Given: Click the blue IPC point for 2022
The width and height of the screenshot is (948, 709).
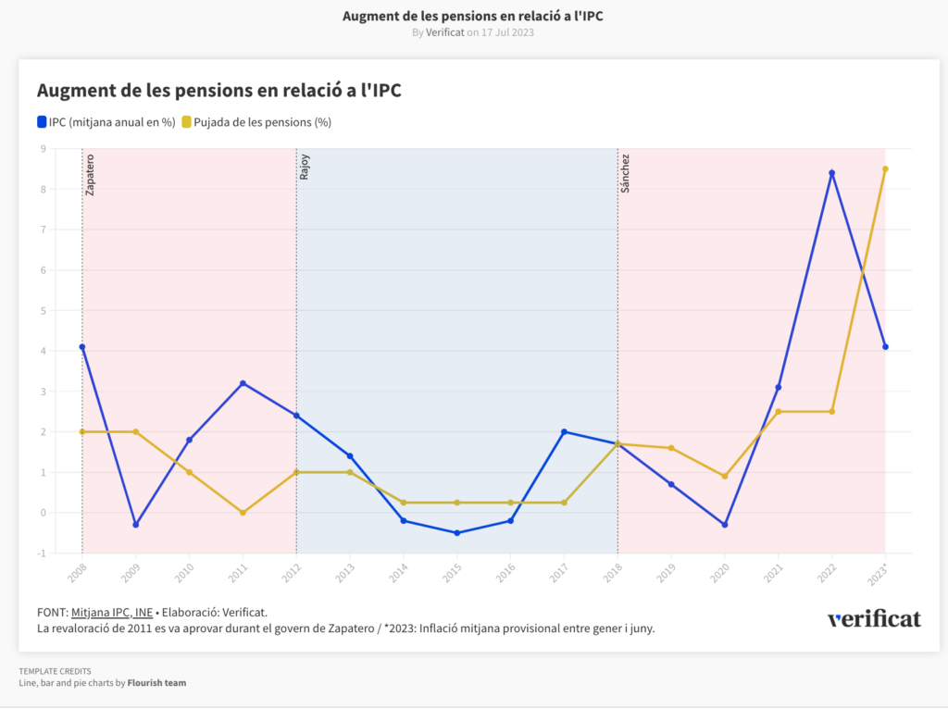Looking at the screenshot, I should click(831, 173).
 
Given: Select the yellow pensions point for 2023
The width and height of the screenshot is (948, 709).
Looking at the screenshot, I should click(885, 168).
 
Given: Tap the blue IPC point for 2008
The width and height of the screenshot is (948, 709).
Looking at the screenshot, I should click(82, 347).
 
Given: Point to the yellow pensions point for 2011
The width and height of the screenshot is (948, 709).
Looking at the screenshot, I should click(243, 513).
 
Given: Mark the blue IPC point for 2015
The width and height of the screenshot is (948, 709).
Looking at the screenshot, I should click(456, 533).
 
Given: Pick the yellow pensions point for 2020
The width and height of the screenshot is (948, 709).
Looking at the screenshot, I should click(725, 477).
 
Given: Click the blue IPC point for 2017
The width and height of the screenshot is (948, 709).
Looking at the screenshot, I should click(564, 431).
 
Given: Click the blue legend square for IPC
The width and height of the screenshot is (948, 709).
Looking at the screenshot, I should click(42, 121).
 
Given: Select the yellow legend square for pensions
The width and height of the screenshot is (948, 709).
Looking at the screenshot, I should click(186, 121).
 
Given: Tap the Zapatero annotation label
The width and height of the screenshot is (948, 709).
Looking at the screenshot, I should click(90, 174).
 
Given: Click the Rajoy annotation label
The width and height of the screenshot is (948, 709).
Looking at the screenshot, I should click(304, 167).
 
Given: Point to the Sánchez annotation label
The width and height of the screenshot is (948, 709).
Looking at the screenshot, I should click(625, 173).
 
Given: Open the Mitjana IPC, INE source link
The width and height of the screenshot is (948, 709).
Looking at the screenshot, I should click(112, 612).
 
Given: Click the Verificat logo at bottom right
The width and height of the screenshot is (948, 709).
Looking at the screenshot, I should click(874, 619).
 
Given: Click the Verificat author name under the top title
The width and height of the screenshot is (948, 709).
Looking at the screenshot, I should click(444, 32).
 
